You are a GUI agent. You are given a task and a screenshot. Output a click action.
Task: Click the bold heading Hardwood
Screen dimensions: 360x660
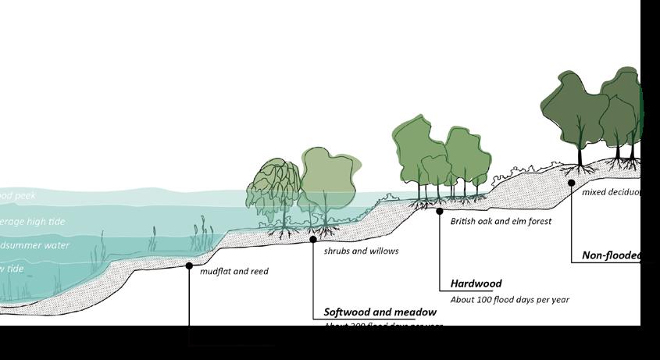[476, 284]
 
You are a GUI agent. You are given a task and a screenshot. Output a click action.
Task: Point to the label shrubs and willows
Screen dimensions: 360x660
[361, 251]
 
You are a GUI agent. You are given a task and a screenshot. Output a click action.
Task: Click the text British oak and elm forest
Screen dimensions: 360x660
[501, 222]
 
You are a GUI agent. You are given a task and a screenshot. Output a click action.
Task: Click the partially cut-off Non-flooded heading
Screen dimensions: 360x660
[611, 255]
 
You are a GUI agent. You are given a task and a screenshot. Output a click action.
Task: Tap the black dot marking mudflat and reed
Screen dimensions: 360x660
[189, 266]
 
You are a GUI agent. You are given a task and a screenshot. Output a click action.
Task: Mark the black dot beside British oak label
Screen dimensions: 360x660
[440, 211]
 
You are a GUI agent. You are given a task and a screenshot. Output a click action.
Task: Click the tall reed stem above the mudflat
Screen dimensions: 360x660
[207, 230]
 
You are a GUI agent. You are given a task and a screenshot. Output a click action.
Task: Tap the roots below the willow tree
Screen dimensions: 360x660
[279, 233]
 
